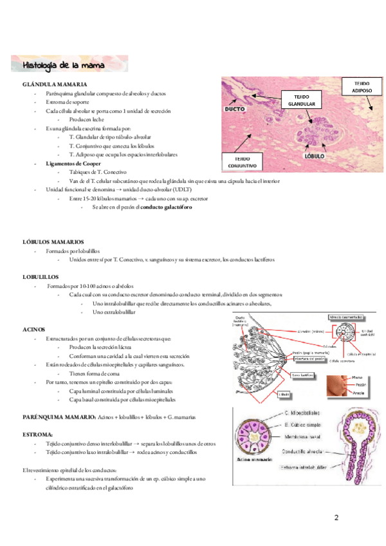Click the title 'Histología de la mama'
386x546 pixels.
tap(66, 66)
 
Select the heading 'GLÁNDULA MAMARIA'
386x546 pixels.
tap(55, 85)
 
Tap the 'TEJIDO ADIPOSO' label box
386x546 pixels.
tap(362, 88)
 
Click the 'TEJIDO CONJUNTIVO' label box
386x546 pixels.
tap(243, 162)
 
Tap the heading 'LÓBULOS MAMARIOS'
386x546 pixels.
tap(53, 241)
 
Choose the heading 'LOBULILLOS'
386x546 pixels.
tap(42, 276)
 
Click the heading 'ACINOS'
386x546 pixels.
tap(33, 329)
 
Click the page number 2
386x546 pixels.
tap(336, 517)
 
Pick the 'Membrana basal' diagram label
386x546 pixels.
tap(302, 435)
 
